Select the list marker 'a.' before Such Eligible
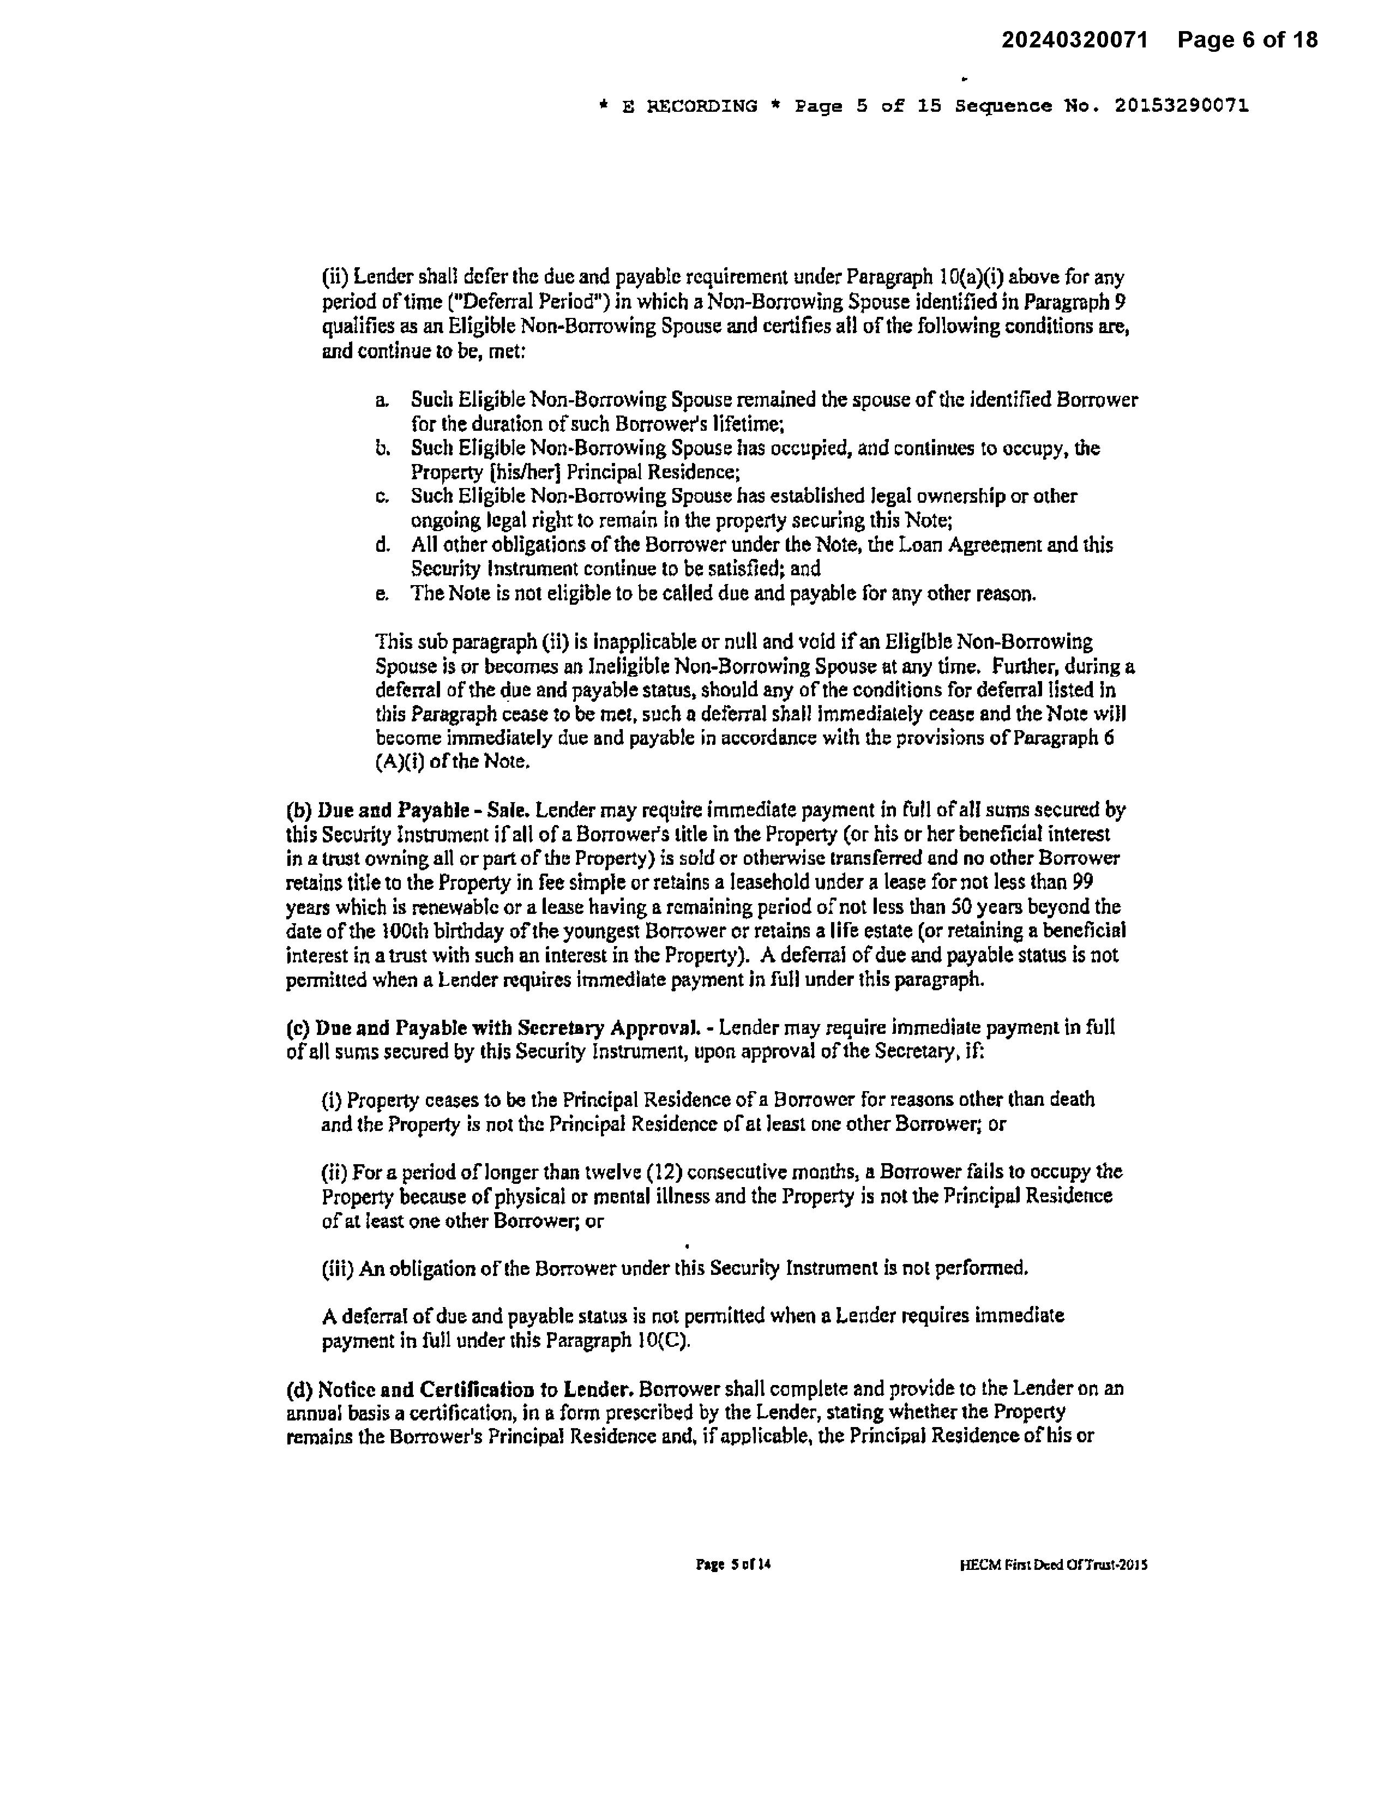click(381, 400)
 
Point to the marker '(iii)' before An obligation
click(338, 1268)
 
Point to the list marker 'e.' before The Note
click(381, 594)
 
